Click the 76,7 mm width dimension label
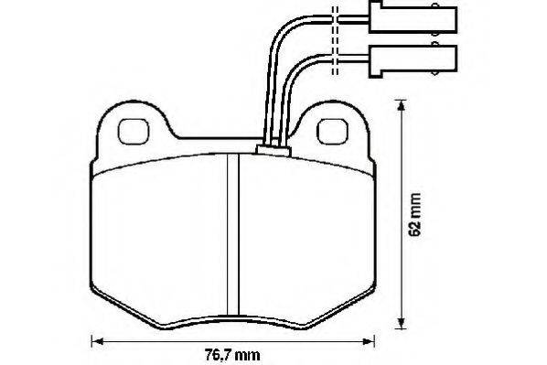pos(232,355)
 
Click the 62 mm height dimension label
pos(414,215)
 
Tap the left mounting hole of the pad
pos(134,131)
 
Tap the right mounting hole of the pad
pos(332,131)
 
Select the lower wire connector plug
pos(413,61)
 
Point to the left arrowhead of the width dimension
pos(98,341)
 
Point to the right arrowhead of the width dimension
pos(368,341)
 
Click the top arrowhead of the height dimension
pos(402,106)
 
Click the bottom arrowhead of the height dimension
pos(402,322)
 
